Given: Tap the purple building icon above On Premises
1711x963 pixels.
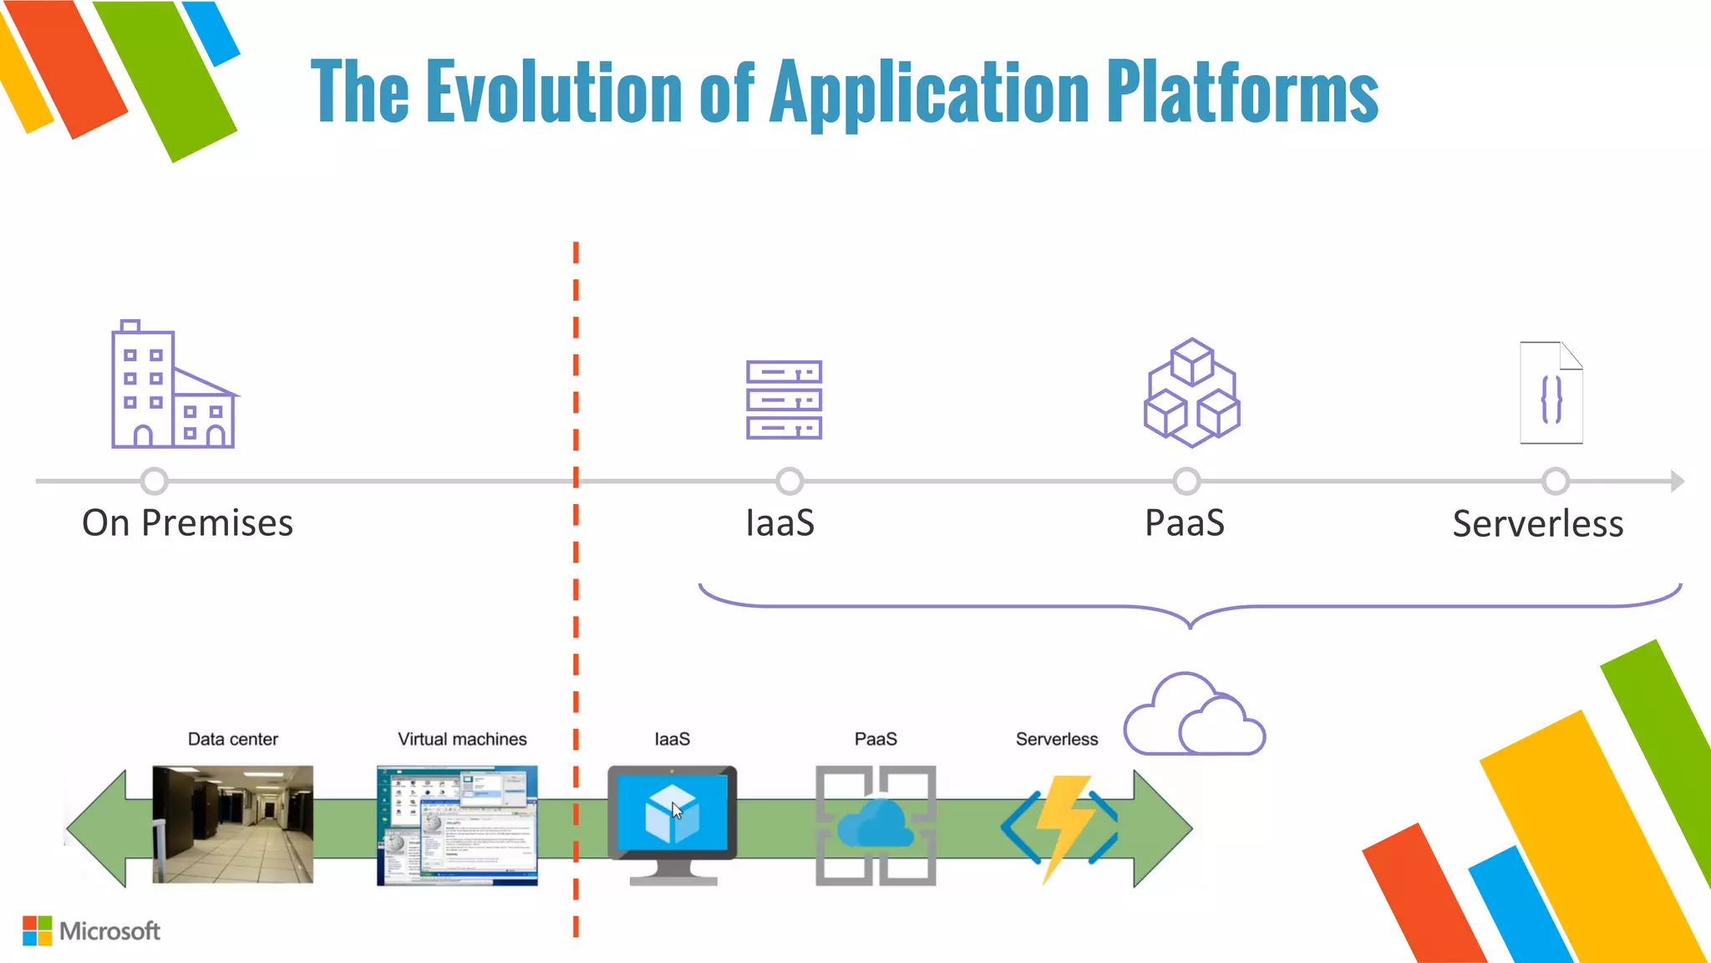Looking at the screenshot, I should point(174,385).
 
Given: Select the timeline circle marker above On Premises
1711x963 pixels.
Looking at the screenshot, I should point(155,481).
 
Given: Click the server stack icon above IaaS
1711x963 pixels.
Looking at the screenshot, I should point(784,400).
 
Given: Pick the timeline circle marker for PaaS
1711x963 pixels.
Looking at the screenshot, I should point(1186,481).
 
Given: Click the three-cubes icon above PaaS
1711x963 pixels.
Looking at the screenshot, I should point(1191,393).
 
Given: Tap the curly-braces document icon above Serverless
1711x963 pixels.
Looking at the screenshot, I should point(1551,393).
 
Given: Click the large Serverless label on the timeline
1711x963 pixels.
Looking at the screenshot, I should point(1537,524).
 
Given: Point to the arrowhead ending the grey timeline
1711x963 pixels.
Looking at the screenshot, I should point(1677,481).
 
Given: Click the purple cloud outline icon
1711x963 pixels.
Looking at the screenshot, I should point(1194,716).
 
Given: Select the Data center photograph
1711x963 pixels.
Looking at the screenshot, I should point(233,824).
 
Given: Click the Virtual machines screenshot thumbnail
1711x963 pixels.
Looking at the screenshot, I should point(457,825).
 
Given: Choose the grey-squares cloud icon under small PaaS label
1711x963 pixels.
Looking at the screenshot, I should point(876,825).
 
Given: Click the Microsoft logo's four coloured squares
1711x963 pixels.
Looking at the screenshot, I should point(37,930).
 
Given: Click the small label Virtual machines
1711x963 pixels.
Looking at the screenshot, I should point(462,739).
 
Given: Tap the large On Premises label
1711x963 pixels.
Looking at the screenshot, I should point(187,523).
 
